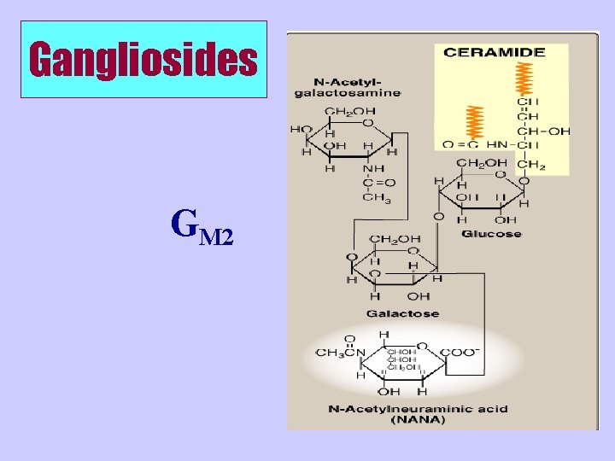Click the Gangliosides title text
click(143, 60)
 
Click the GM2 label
click(202, 226)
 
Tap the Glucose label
click(492, 233)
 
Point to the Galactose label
click(403, 313)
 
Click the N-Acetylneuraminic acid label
click(418, 408)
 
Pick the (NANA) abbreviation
click(418, 419)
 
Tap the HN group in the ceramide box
click(496, 145)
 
